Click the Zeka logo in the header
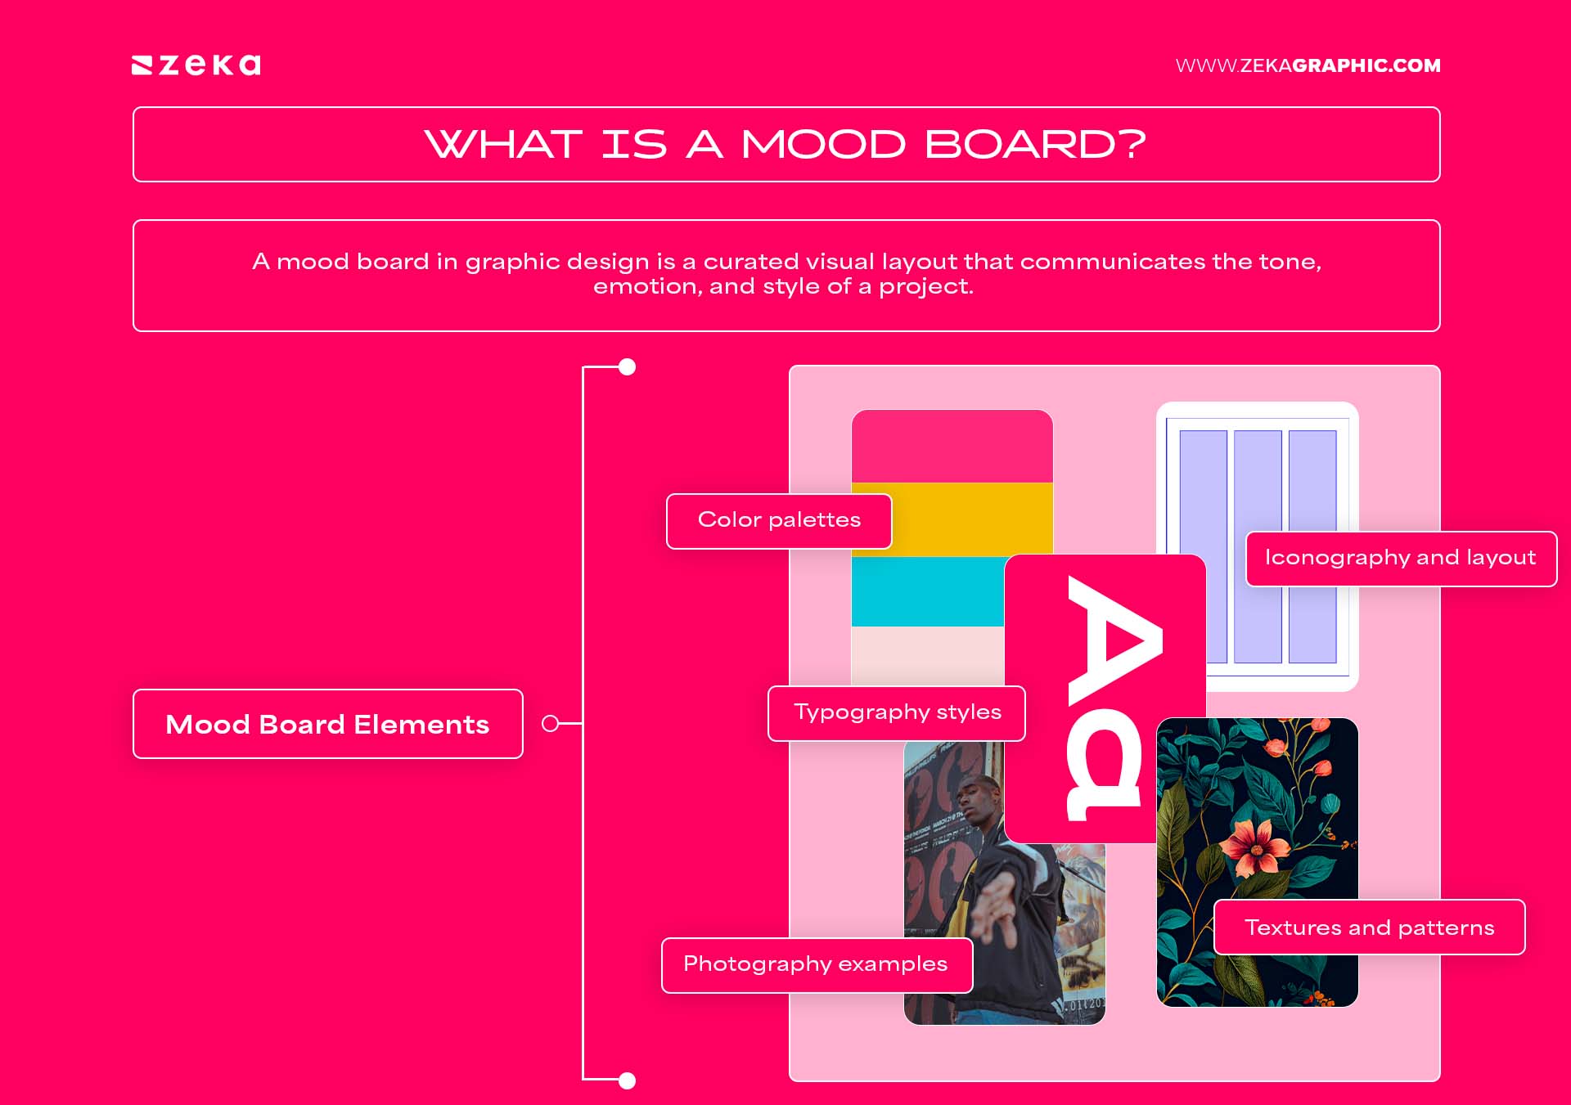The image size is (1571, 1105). (x=196, y=65)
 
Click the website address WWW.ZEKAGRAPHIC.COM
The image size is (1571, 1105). (x=1308, y=65)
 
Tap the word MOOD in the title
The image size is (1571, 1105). (x=823, y=145)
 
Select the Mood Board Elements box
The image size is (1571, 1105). (x=327, y=724)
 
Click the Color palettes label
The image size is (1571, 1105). (x=779, y=520)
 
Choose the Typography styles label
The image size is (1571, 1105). (x=897, y=712)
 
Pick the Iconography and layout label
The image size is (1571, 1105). (x=1400, y=558)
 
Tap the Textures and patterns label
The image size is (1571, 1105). (x=1369, y=928)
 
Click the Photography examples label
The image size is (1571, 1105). (x=816, y=964)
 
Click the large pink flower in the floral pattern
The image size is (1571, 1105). (x=1252, y=847)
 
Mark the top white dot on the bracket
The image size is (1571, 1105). (x=628, y=367)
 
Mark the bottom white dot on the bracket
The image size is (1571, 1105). (x=628, y=1081)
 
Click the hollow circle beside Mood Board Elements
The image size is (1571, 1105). (x=551, y=724)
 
